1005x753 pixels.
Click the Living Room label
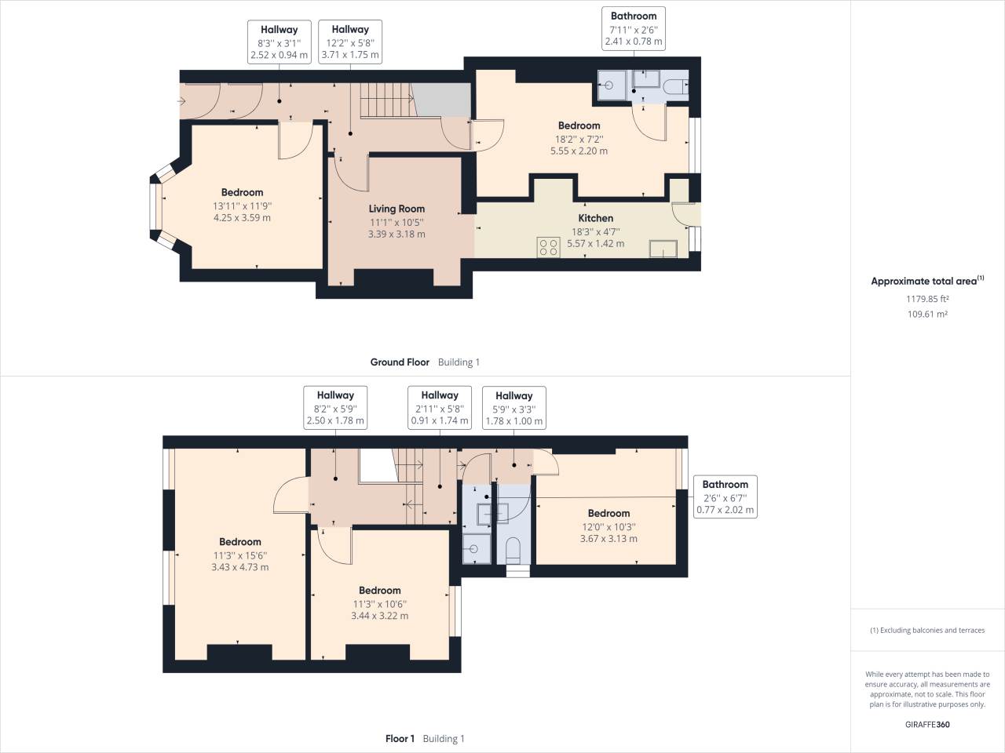(397, 209)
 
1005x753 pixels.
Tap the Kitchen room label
(595, 218)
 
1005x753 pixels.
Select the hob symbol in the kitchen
(549, 247)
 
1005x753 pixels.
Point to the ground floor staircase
(386, 100)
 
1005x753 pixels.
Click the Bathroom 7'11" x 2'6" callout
(633, 29)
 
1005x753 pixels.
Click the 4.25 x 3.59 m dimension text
(242, 217)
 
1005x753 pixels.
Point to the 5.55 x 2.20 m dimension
(579, 151)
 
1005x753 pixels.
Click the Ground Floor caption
(400, 362)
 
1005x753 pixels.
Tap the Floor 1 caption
(400, 739)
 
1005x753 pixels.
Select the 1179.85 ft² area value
(926, 299)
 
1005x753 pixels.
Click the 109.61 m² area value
(926, 314)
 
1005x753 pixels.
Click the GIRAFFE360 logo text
(926, 724)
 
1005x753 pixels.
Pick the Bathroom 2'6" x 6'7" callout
(725, 497)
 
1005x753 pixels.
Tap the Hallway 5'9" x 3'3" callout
(513, 408)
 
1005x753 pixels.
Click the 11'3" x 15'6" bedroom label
(239, 555)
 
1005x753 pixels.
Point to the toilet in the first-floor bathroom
(514, 548)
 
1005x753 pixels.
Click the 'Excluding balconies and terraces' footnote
(927, 630)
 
